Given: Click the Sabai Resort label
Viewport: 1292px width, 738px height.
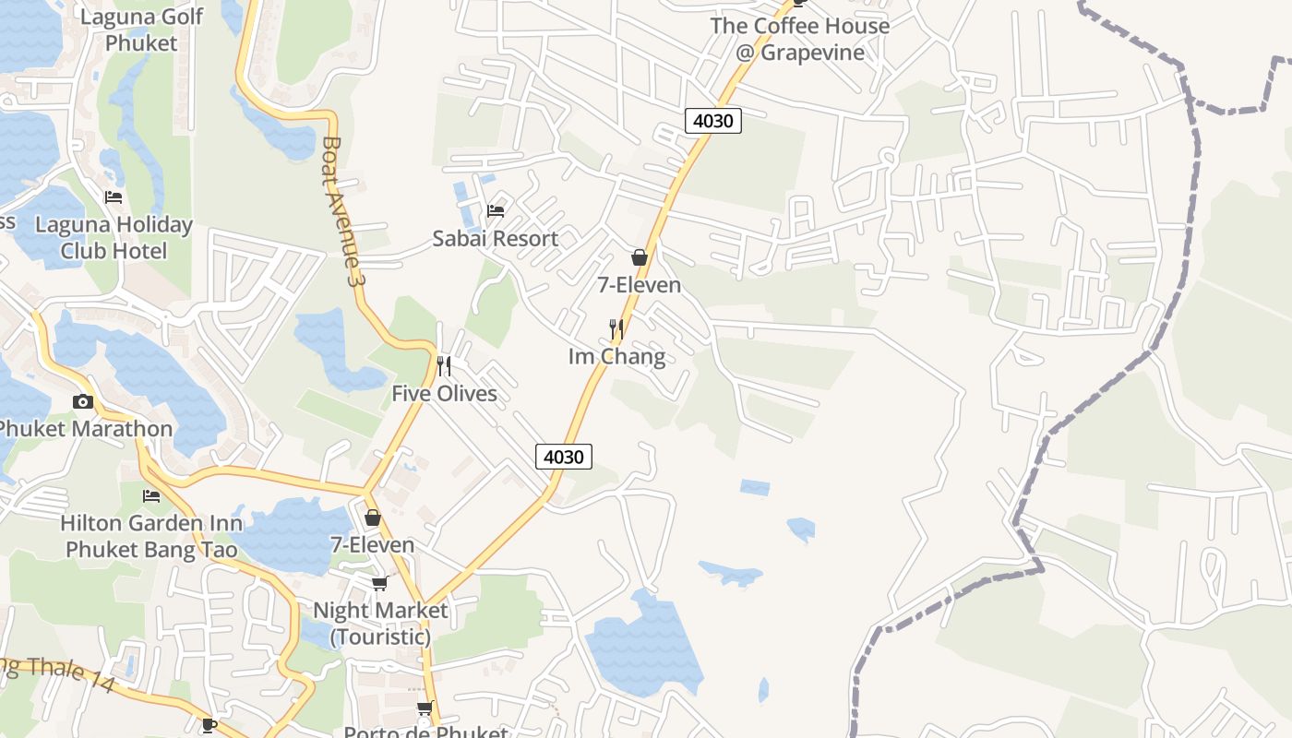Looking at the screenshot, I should pyautogui.click(x=496, y=239).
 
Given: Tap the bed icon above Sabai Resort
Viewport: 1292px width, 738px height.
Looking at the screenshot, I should pyautogui.click(x=496, y=210).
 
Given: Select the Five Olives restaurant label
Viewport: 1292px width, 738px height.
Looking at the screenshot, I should pyautogui.click(x=444, y=394).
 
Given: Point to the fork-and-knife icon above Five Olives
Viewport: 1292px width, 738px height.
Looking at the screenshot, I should pyautogui.click(x=444, y=366).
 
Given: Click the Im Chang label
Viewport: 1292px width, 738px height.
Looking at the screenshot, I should pyautogui.click(x=616, y=357).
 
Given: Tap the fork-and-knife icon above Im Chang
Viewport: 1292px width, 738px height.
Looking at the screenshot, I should pyautogui.click(x=616, y=328).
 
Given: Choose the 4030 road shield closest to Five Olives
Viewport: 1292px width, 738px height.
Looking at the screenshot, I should pyautogui.click(x=563, y=457).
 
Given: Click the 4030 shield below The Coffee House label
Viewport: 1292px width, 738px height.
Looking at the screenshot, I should pyautogui.click(x=713, y=121).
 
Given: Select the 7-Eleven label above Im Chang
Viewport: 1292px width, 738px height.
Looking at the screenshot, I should pyautogui.click(x=639, y=285).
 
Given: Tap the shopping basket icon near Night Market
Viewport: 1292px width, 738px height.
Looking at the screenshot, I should pyautogui.click(x=373, y=518).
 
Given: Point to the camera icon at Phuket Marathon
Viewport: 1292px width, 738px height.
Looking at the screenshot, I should pyautogui.click(x=83, y=401).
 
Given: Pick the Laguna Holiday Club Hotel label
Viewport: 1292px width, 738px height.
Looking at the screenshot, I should pyautogui.click(x=114, y=238).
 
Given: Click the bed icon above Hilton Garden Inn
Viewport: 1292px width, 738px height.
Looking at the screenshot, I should pyautogui.click(x=151, y=496).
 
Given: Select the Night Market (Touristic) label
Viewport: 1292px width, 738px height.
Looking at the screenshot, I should pyautogui.click(x=380, y=624).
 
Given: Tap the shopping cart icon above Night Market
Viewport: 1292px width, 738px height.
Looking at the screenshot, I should pyautogui.click(x=379, y=583).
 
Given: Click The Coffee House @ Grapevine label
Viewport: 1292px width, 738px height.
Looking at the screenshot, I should pyautogui.click(x=799, y=39).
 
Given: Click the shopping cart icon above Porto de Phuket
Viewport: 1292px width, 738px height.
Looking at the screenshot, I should pyautogui.click(x=425, y=708).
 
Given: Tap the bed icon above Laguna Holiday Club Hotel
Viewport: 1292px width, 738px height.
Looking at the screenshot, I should pyautogui.click(x=114, y=197).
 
